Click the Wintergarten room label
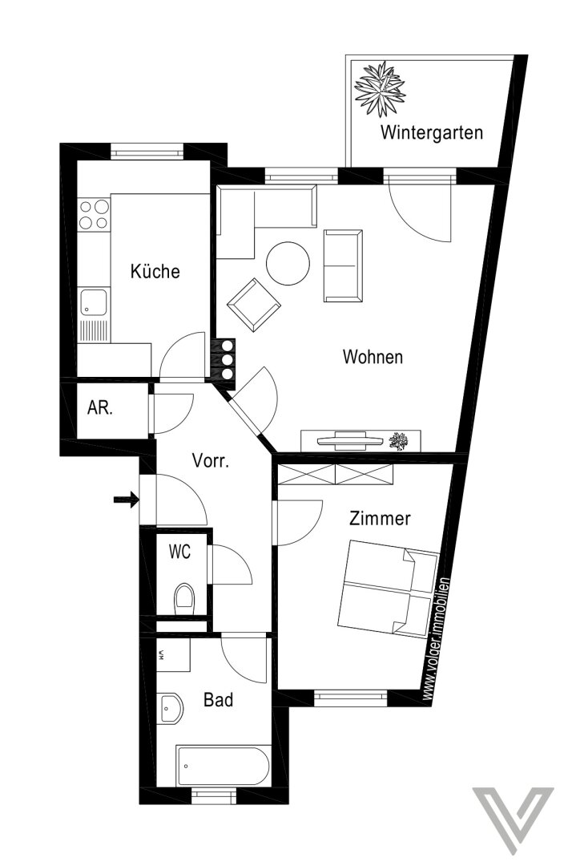(x=431, y=132)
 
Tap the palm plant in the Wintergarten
(x=380, y=89)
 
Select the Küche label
(x=155, y=271)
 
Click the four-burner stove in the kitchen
(x=93, y=214)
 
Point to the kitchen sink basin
(x=94, y=302)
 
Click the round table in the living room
(x=288, y=264)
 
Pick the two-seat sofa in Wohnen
(x=343, y=265)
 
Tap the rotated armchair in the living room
(x=254, y=306)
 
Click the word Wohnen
(x=373, y=357)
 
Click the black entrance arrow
(x=126, y=500)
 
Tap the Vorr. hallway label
(x=210, y=460)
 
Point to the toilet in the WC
(x=185, y=599)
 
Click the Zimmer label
(x=380, y=519)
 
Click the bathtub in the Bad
(x=223, y=766)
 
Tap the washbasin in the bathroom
(x=171, y=709)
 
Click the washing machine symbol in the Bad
(x=173, y=655)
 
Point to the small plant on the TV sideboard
(x=399, y=441)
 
